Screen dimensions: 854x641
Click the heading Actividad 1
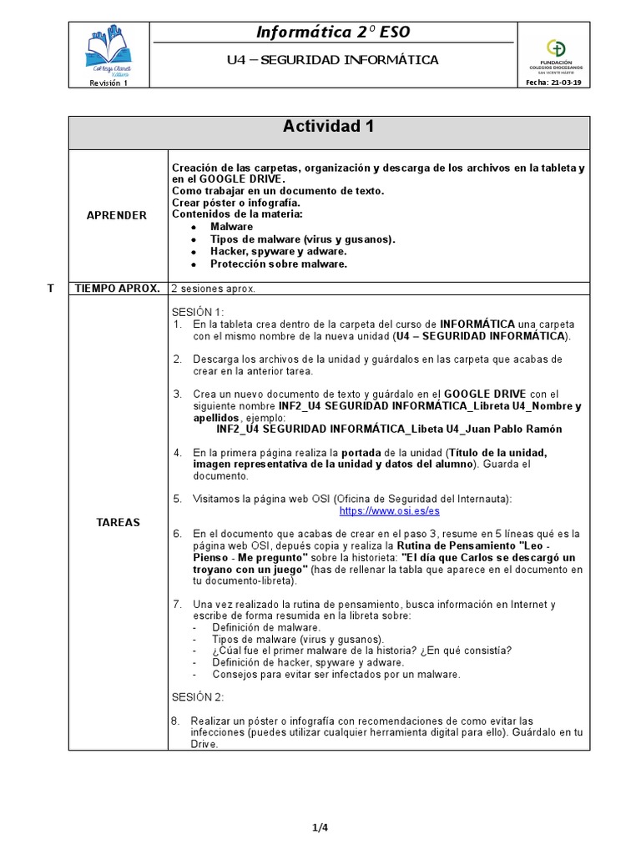(x=328, y=127)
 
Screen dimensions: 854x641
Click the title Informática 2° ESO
(x=332, y=33)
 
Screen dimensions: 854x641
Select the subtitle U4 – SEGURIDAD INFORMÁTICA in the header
(x=332, y=60)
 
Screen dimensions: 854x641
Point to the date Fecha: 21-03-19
(x=555, y=83)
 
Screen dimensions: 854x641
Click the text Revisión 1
(x=109, y=83)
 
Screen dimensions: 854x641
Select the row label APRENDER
(x=117, y=215)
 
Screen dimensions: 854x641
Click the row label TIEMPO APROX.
(x=117, y=289)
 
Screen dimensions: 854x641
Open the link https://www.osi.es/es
(x=389, y=510)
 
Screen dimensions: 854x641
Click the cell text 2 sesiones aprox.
(x=214, y=289)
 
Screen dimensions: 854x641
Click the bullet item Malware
(x=231, y=227)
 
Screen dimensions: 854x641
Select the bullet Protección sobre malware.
(x=278, y=264)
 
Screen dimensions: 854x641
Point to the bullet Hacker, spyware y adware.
(x=278, y=252)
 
